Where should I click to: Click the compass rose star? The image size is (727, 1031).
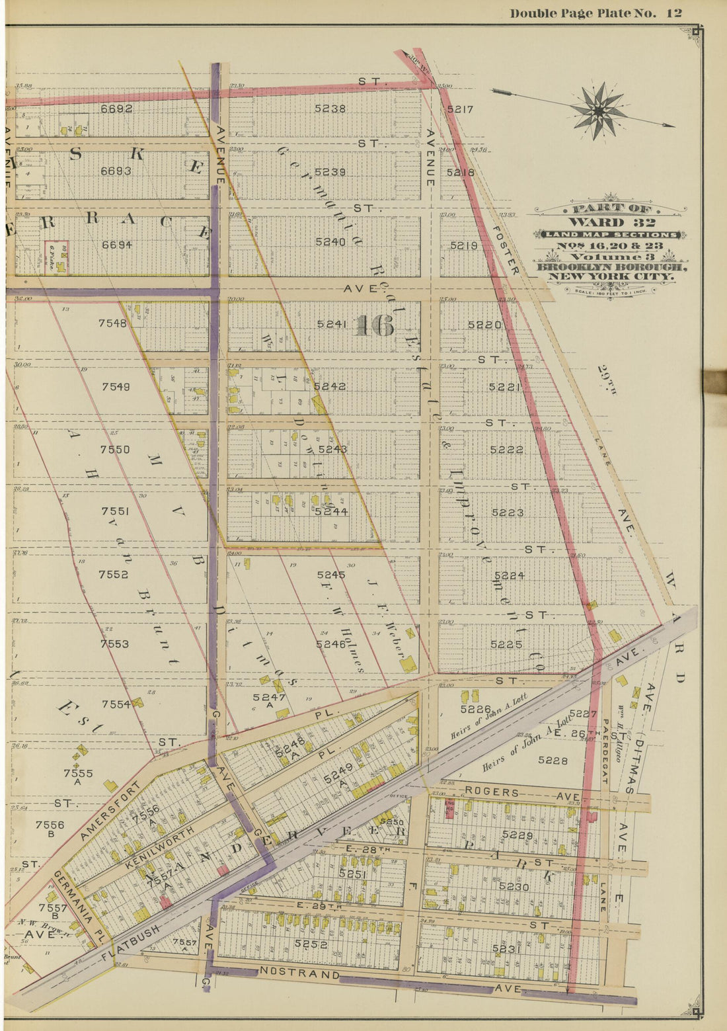(x=598, y=110)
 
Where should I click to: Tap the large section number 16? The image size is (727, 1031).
(x=375, y=325)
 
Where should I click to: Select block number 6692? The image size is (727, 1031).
(x=116, y=108)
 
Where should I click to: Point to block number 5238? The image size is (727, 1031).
(x=330, y=108)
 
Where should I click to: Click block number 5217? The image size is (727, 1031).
(x=460, y=109)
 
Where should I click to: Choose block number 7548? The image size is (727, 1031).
(x=112, y=323)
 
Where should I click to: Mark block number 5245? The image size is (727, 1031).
(x=330, y=575)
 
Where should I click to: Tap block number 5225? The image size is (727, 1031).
(x=507, y=644)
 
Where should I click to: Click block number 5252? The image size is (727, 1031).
(x=311, y=944)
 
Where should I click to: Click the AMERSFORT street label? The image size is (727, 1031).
(x=111, y=811)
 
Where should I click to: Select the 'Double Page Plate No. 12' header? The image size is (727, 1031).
(x=595, y=13)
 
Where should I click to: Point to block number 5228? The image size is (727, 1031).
(x=553, y=761)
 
